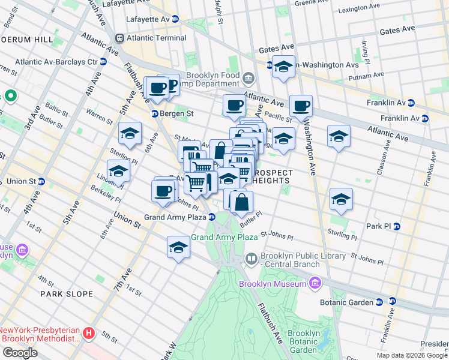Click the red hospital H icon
coord(89,332)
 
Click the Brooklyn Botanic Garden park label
coord(303,341)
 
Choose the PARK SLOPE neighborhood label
coord(67,294)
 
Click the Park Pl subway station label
coord(383,226)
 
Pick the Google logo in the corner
coord(20,353)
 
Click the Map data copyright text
coord(412,355)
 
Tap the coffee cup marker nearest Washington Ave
coord(301,107)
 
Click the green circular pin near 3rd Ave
coord(10,95)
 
